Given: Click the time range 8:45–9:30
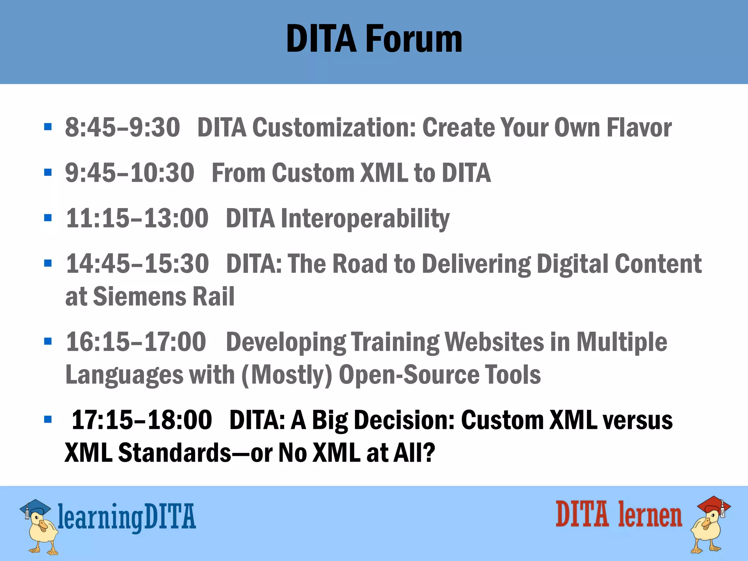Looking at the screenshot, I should click(x=122, y=128).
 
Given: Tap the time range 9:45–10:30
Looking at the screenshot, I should click(x=130, y=173).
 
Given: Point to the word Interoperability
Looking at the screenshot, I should click(x=365, y=219).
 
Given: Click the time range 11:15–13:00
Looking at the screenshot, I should click(x=137, y=219).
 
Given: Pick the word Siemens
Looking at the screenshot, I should click(x=140, y=296).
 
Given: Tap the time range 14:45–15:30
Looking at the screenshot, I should click(x=137, y=264).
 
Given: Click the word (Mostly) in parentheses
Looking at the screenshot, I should click(x=287, y=375).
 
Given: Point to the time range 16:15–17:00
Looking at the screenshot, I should click(x=136, y=342).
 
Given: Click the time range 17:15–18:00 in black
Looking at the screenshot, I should click(x=141, y=420).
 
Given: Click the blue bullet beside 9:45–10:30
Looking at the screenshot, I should click(x=48, y=172).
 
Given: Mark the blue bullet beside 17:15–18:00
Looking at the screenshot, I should click(x=48, y=419).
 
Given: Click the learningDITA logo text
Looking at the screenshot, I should click(x=127, y=516).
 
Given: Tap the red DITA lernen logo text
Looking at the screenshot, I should click(x=619, y=514).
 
